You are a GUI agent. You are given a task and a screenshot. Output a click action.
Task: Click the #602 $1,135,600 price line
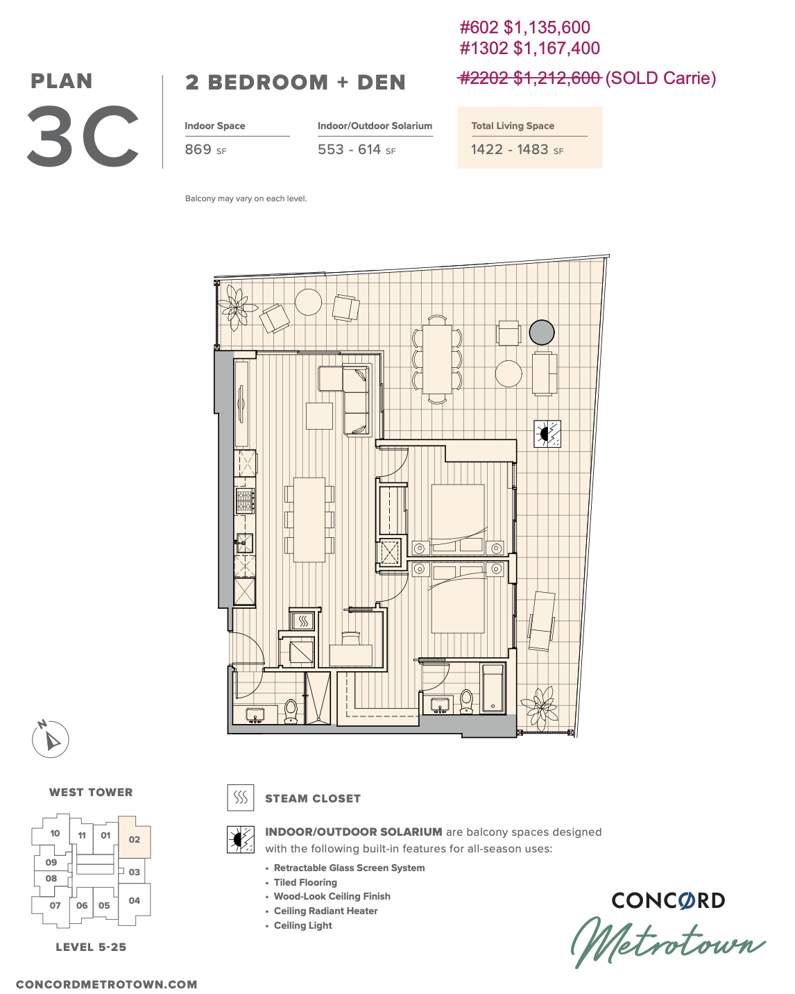(x=524, y=28)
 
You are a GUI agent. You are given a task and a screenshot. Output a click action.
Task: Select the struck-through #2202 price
(x=529, y=78)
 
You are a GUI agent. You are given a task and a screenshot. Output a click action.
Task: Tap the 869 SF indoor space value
(x=205, y=150)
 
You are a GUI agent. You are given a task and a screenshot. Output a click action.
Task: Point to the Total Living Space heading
(x=513, y=126)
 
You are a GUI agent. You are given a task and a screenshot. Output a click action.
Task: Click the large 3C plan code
(x=83, y=136)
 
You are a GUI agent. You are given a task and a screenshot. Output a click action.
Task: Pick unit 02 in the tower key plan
(x=135, y=839)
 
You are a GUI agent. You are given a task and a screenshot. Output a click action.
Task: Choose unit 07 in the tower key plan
(x=55, y=905)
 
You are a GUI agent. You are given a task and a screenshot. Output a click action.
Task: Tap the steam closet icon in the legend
(x=240, y=798)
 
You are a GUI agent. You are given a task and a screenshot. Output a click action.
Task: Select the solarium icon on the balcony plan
(x=547, y=434)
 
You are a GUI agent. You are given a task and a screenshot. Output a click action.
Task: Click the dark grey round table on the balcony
(x=541, y=332)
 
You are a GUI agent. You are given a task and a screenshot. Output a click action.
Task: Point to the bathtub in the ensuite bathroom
(x=493, y=688)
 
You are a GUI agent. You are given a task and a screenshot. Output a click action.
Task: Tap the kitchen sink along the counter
(x=244, y=543)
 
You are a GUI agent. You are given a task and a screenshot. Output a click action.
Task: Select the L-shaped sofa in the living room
(x=345, y=400)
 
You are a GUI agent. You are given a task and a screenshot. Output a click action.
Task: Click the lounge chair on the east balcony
(x=542, y=621)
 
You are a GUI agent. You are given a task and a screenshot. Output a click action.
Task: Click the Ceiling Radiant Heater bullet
(x=325, y=911)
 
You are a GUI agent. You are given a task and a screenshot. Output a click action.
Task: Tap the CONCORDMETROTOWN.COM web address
(x=107, y=984)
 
